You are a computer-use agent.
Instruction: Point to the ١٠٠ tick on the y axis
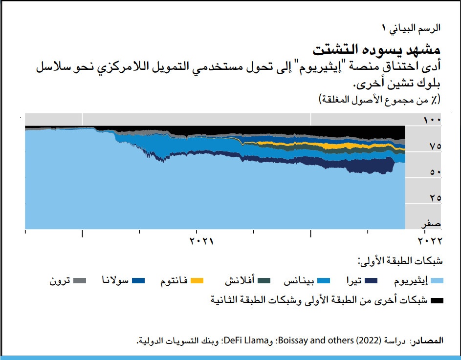click(432, 120)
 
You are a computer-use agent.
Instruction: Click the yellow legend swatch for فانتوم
click(197, 281)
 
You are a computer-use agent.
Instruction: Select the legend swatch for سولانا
click(139, 281)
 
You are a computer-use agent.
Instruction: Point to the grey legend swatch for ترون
click(80, 281)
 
